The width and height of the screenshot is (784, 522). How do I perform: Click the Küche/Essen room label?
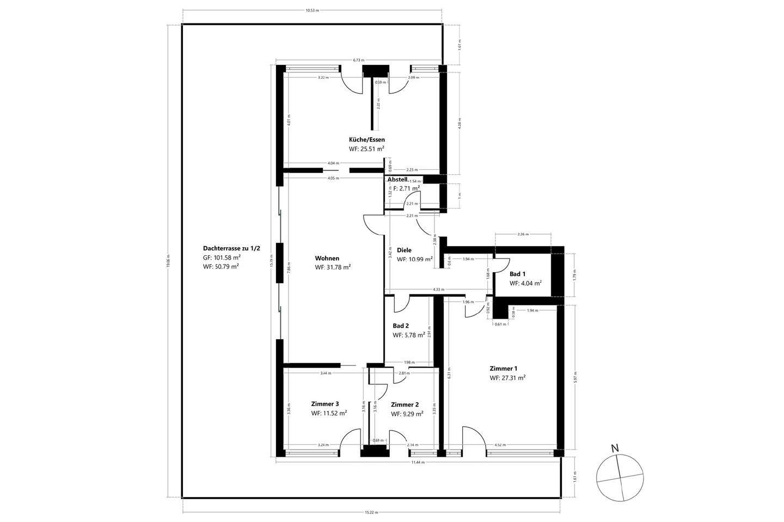point(366,140)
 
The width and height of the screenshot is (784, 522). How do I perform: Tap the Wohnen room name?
point(327,259)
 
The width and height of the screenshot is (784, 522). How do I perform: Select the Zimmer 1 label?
point(503,369)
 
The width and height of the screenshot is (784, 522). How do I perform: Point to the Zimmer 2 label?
point(405,404)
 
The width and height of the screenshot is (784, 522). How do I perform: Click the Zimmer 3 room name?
point(325,404)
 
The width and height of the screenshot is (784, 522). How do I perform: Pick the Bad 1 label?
point(518,274)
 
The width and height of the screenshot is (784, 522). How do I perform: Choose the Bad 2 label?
point(401,326)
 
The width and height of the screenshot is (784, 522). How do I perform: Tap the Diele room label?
point(404,250)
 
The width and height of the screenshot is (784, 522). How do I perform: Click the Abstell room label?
point(397,179)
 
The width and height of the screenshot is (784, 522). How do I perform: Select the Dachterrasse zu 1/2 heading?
point(231,248)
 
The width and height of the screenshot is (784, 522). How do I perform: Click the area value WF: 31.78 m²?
point(332,267)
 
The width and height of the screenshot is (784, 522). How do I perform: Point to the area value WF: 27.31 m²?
point(507,378)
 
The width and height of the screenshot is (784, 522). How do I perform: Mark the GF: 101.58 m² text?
point(222,257)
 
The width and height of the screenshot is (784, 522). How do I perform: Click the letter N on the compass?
point(615,449)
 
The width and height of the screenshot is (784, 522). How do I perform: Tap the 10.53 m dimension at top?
point(312,10)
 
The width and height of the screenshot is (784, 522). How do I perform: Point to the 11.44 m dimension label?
point(418,462)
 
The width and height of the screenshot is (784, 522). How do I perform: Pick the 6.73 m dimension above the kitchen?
point(358,60)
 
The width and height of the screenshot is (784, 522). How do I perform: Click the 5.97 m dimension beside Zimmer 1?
point(576,378)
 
